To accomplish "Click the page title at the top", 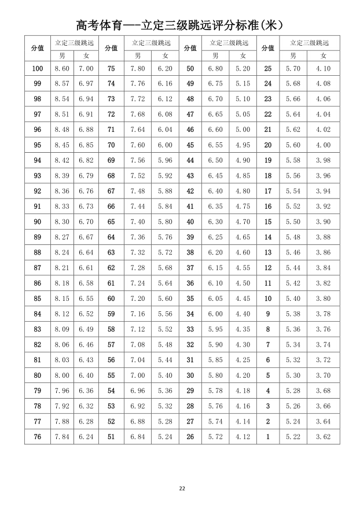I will pos(179,25).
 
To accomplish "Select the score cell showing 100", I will pos(37,69).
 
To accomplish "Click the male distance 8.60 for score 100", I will pos(62,69).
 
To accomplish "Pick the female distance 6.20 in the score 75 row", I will pos(165,69).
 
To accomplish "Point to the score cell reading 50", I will pos(190,69).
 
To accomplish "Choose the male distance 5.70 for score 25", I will pos(293,69).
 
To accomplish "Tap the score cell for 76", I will pos(37,437).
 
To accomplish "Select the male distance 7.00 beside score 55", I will pos(138,376).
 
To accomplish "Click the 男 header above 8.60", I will pos(62,56).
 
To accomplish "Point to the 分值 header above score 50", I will pos(190,49).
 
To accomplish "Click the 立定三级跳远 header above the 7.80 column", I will pos(151,43).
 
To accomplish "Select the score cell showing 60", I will pos(111,299).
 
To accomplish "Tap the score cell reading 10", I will pos(267,299).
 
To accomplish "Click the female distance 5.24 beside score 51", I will pos(165,437).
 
